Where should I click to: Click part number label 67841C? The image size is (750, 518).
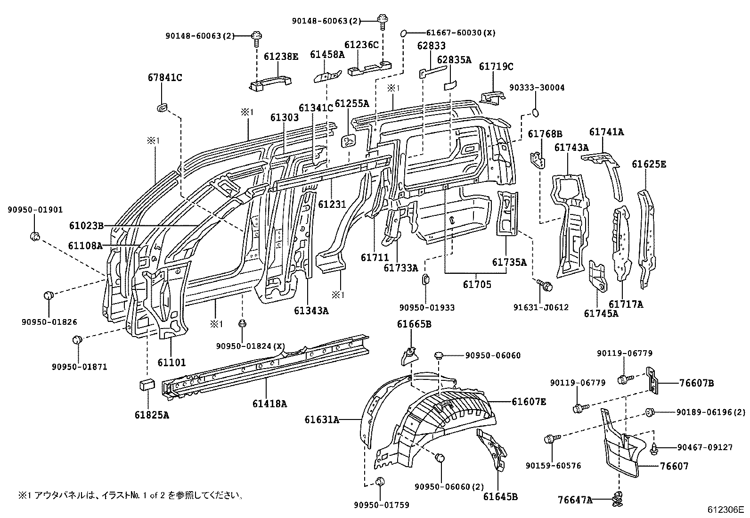click(x=163, y=78)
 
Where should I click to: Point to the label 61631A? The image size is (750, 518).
click(x=322, y=419)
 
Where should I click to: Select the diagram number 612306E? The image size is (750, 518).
click(x=725, y=510)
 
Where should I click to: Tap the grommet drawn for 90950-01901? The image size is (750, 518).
click(x=35, y=235)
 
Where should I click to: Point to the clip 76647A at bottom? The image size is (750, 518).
click(x=617, y=498)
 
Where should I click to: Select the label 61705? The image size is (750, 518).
click(x=477, y=284)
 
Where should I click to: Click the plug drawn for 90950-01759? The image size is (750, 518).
click(x=381, y=481)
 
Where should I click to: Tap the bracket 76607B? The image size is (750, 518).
click(x=653, y=379)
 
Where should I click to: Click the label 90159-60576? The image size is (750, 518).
click(x=553, y=466)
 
